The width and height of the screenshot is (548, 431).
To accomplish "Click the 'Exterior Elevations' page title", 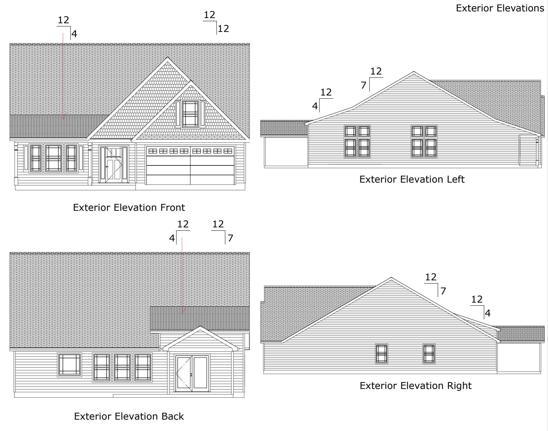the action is (500, 8).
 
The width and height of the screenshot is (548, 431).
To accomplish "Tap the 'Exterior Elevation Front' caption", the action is (129, 207).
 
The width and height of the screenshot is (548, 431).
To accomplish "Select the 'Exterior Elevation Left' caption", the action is (412, 179).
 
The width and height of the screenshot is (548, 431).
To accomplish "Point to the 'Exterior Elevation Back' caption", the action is (129, 416).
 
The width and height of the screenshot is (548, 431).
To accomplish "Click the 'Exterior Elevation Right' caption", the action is (416, 385).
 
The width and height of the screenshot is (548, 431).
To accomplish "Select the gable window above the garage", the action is (191, 114).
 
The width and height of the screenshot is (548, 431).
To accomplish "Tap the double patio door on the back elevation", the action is (192, 373).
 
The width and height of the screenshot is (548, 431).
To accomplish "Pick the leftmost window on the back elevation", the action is (69, 365).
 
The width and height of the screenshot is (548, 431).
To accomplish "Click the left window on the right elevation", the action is (382, 354).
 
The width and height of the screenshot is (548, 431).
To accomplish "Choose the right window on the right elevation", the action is (429, 354).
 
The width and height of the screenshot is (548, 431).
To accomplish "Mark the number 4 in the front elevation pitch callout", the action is (74, 34).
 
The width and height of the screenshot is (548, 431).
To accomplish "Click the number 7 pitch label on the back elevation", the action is (230, 238).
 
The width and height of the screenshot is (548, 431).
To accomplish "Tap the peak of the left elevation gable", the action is (413, 72).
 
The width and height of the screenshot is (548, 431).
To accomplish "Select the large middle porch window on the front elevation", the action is (54, 159).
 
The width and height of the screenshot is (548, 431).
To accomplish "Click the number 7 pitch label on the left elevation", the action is (363, 85).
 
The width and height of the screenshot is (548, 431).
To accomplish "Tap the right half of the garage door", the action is (212, 166).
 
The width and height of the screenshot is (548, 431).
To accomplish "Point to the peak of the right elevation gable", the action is (391, 278).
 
